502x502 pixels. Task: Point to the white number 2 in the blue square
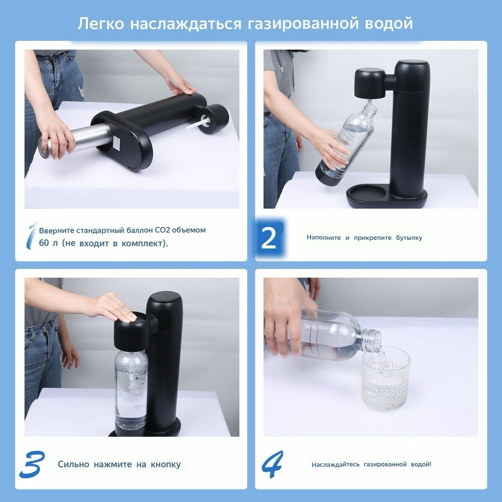pos(269,238)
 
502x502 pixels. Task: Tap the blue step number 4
pos(272,464)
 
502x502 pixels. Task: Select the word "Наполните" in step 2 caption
pos(324,238)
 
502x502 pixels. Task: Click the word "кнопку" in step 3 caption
pos(166,464)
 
